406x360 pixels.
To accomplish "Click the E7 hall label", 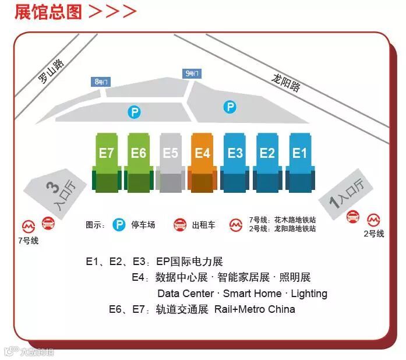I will point(107,153).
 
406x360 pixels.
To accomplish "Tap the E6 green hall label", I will point(139,153).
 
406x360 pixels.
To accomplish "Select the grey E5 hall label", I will point(171,153).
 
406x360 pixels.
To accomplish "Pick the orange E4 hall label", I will point(203,153).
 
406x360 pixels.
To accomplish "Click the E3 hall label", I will point(235,153).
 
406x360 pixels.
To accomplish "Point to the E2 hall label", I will point(267,153).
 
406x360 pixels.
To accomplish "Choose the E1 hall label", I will point(299,153).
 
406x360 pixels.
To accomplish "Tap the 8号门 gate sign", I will point(101,82).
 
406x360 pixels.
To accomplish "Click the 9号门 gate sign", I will point(192,73).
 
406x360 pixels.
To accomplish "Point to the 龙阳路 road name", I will point(286,84).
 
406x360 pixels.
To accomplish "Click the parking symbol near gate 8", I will point(135,112).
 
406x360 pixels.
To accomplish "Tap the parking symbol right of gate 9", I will point(231,107).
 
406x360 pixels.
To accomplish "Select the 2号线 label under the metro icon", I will point(373,234).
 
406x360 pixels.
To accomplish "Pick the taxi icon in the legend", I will point(181,224).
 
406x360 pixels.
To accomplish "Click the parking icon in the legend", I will point(119,224).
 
